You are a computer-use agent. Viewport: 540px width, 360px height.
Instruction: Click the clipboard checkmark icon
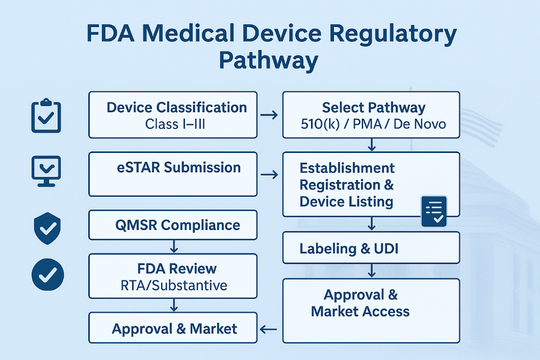tap(46, 116)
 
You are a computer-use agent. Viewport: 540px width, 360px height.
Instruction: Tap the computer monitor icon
tap(46, 171)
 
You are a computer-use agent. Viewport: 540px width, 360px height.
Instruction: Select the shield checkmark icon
tap(47, 228)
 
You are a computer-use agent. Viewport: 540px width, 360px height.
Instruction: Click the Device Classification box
tap(172, 115)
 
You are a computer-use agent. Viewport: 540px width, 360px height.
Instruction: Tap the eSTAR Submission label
tap(178, 168)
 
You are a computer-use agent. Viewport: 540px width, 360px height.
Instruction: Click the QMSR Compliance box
tap(172, 225)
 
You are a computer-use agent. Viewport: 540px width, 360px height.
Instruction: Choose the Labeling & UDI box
tap(371, 248)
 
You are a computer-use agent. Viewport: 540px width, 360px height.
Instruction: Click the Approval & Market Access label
tap(360, 303)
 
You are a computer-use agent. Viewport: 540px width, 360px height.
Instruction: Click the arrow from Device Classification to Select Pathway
tap(269, 115)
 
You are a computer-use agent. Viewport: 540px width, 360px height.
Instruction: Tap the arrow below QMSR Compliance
tap(173, 247)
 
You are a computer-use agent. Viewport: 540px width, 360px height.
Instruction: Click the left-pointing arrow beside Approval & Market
tap(268, 329)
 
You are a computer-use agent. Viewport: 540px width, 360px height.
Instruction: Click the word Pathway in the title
tap(268, 61)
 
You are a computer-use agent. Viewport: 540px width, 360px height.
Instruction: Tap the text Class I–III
tap(175, 124)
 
